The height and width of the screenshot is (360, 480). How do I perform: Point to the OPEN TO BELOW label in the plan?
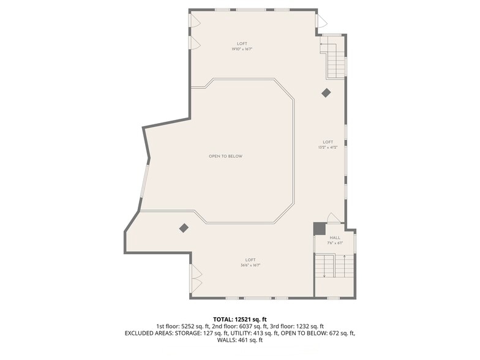(225, 156)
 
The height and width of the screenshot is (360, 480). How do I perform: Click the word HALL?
(335, 238)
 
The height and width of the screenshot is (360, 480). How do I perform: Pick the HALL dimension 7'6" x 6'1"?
(335, 243)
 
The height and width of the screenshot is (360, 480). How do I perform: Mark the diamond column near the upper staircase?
(326, 92)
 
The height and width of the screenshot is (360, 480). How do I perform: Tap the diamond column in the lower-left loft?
(184, 228)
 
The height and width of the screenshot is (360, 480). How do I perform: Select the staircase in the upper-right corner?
(335, 58)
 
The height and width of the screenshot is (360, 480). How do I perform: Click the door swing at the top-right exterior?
(321, 21)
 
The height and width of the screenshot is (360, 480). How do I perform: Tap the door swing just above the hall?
(333, 218)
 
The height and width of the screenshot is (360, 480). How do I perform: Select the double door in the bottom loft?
(197, 279)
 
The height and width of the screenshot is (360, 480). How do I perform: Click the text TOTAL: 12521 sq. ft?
(240, 320)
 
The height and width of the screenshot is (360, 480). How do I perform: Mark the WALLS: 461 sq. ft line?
(240, 340)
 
